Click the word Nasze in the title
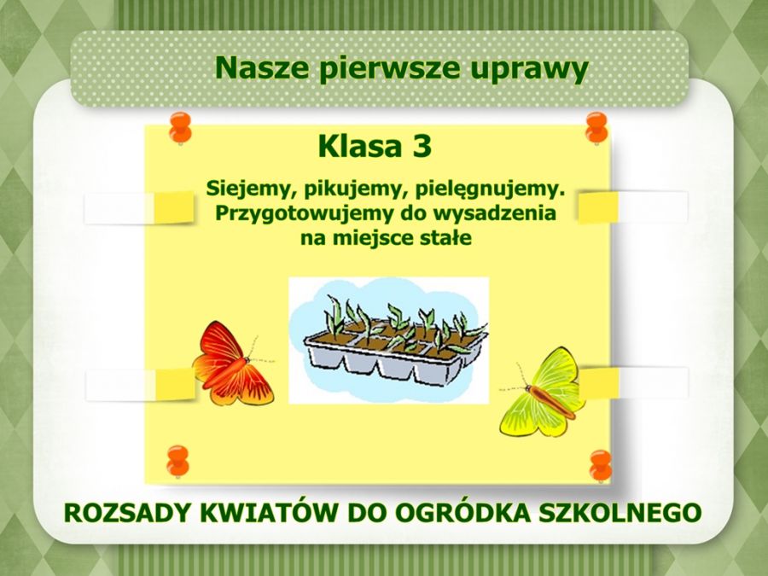tap(262, 68)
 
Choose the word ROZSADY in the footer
tap(128, 513)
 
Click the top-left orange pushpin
tap(180, 127)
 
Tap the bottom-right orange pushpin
tap(601, 466)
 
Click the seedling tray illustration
tap(389, 340)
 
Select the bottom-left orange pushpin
tap(177, 462)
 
